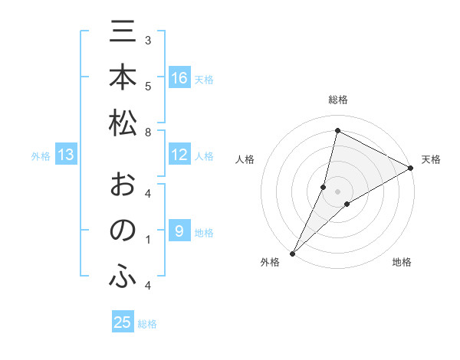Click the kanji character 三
(123, 34)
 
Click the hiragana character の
(123, 231)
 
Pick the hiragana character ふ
(123, 277)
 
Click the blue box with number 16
(179, 78)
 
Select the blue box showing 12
(179, 155)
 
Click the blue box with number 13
(66, 155)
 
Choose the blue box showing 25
(123, 322)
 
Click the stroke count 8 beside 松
(148, 133)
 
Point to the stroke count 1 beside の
(148, 240)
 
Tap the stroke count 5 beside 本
(148, 86)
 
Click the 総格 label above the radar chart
(337, 100)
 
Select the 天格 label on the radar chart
(431, 159)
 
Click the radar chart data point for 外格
(292, 254)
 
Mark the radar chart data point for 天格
(411, 169)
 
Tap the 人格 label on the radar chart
(245, 159)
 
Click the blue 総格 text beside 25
(147, 324)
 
